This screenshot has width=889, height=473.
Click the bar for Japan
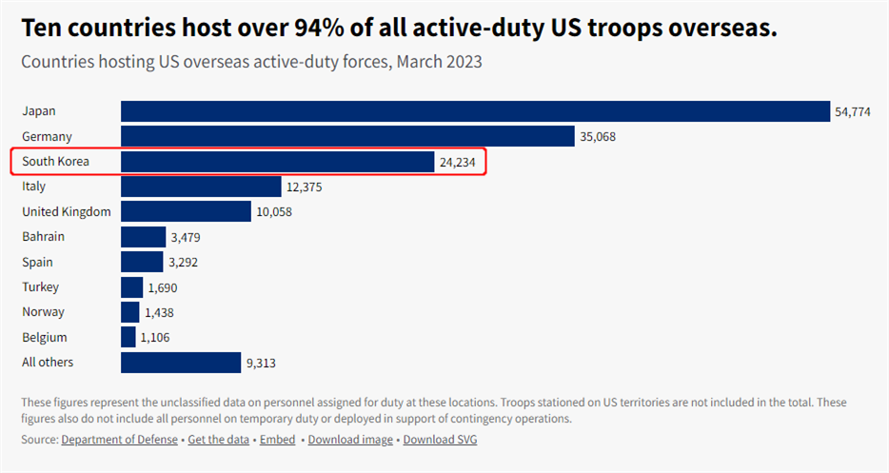(x=475, y=111)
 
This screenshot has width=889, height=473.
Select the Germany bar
(x=347, y=136)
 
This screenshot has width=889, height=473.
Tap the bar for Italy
(x=201, y=187)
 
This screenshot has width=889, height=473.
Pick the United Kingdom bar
(x=186, y=211)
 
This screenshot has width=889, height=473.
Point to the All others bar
(x=181, y=363)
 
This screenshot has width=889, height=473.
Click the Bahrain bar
(x=144, y=237)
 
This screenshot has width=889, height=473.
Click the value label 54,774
(x=853, y=112)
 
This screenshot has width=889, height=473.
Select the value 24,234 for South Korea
(x=458, y=162)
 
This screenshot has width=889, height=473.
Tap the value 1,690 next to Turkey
(x=163, y=287)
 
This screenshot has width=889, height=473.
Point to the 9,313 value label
(x=261, y=364)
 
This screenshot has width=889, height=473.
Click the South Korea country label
(x=55, y=162)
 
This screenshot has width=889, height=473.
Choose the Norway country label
(x=42, y=312)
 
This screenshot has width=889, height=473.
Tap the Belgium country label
(x=44, y=337)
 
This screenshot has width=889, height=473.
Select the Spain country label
(x=38, y=262)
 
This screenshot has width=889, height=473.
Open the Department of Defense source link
(x=119, y=440)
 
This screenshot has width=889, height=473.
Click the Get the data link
(x=218, y=440)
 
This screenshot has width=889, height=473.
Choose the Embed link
(x=278, y=440)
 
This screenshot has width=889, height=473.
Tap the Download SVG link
(x=440, y=440)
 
